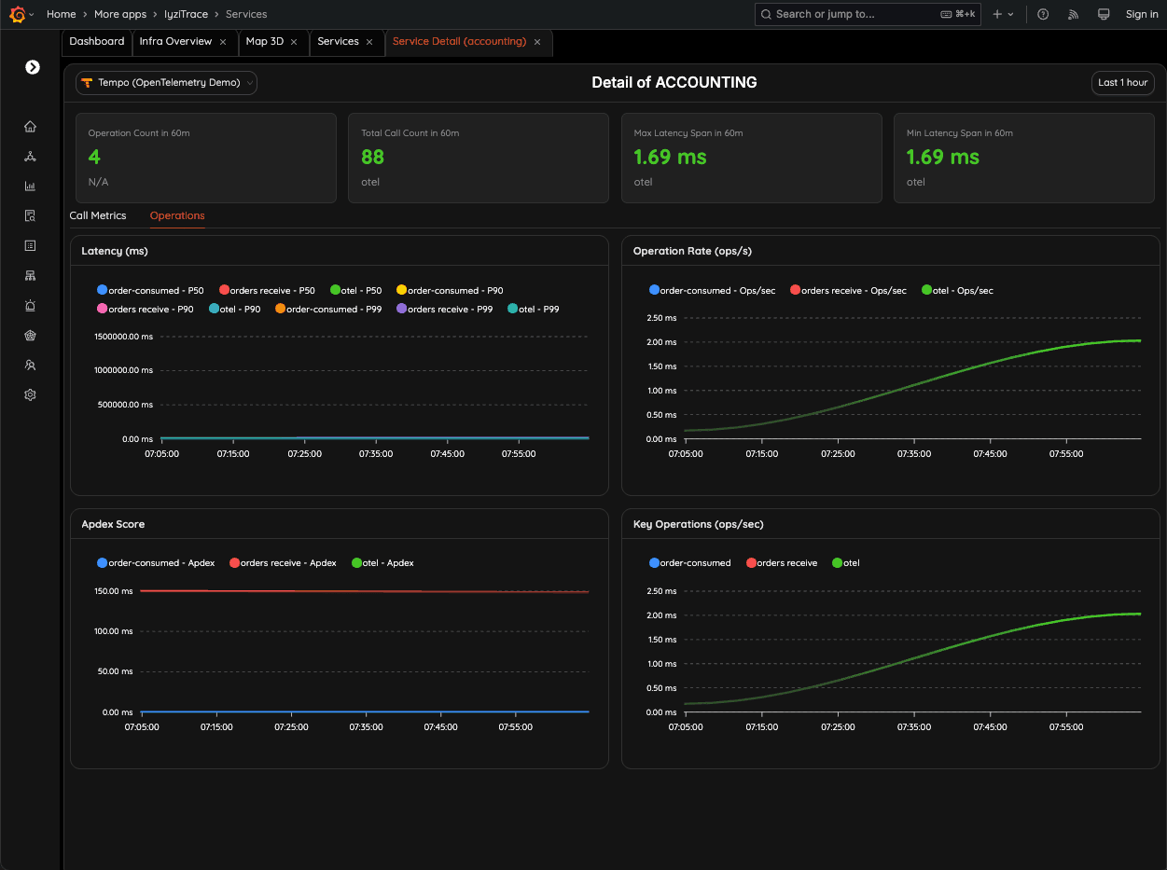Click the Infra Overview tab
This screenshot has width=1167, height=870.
click(175, 42)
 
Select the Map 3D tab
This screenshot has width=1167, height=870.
click(264, 42)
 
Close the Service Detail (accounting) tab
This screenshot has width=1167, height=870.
click(537, 42)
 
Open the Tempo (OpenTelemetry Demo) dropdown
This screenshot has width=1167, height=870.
click(166, 83)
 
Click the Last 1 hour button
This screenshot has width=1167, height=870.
click(1122, 83)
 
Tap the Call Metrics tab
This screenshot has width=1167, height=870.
click(98, 215)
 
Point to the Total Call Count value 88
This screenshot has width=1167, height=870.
click(373, 158)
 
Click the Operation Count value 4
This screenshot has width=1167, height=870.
click(94, 158)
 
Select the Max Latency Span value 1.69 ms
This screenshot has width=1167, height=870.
click(670, 158)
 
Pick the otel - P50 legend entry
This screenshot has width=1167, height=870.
click(355, 291)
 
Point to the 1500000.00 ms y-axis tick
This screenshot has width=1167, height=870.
click(123, 337)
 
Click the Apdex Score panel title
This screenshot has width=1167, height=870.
click(113, 524)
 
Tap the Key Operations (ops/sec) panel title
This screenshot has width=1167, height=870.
click(698, 524)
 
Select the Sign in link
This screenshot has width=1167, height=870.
click(1141, 14)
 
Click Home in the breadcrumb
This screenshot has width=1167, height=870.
click(62, 14)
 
